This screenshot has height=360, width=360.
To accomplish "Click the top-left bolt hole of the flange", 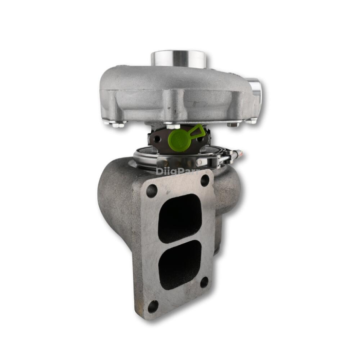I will point(151,190).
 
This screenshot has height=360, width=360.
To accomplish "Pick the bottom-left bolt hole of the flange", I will point(153,307).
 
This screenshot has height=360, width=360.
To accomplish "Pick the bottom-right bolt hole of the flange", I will point(204,282).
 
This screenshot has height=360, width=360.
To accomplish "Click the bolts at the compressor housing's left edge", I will point(116,123).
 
